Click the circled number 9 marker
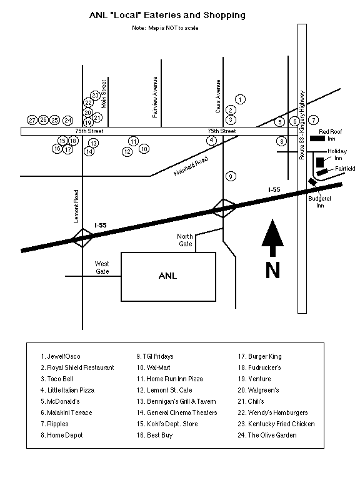tap(231, 176)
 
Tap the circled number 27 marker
tap(32, 120)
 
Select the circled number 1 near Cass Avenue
tap(240, 99)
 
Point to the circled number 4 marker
tap(211, 140)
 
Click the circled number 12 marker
tap(127, 151)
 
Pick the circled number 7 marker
tap(314, 120)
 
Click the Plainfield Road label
tap(191, 166)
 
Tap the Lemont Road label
tap(76, 206)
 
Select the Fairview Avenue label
tap(155, 97)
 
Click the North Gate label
tap(185, 240)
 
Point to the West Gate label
tap(102, 267)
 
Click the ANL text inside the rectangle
tap(167, 276)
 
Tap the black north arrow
tap(272, 238)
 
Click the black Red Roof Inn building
tap(317, 139)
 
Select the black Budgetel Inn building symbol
tap(312, 182)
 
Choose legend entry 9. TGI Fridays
tap(155, 356)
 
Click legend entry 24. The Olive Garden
tap(267, 435)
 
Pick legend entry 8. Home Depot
tap(62, 435)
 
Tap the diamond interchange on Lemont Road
tap(82, 238)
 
